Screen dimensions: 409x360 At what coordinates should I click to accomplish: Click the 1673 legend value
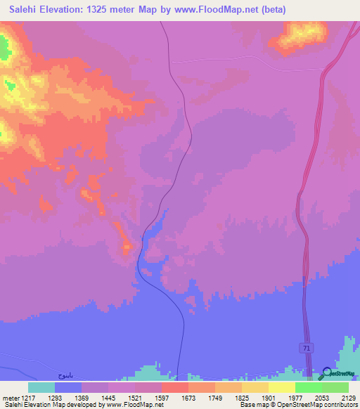pos(188,397)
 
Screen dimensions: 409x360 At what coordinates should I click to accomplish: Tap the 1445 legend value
pos(108,397)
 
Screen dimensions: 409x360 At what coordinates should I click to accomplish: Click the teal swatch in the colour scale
pos(41,387)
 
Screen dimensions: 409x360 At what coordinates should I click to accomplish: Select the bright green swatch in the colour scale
pos(308,387)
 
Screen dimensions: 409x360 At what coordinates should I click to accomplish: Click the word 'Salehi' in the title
pos(27,10)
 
